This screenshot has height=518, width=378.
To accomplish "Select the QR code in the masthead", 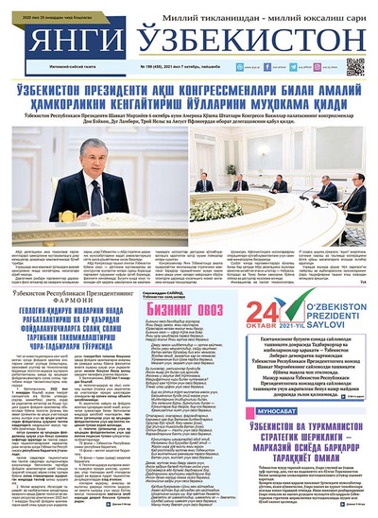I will pos(355,66).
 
